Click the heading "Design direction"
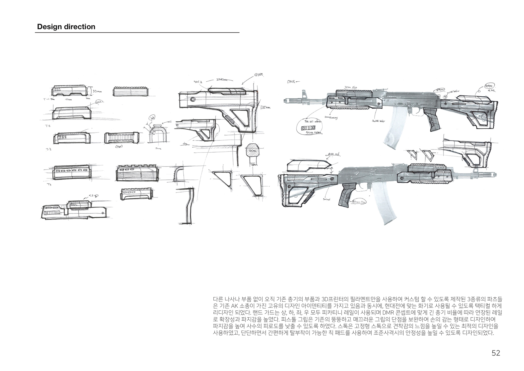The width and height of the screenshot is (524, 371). pos(66,27)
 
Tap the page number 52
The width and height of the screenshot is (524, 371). pos(496,353)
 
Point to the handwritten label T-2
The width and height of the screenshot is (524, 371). pos(48,126)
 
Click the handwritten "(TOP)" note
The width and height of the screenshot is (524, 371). pos(119,147)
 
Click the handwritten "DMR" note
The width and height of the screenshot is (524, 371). pos(291,82)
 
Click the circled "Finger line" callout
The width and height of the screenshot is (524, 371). pos(359,202)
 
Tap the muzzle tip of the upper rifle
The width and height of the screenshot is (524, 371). pos(285,100)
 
